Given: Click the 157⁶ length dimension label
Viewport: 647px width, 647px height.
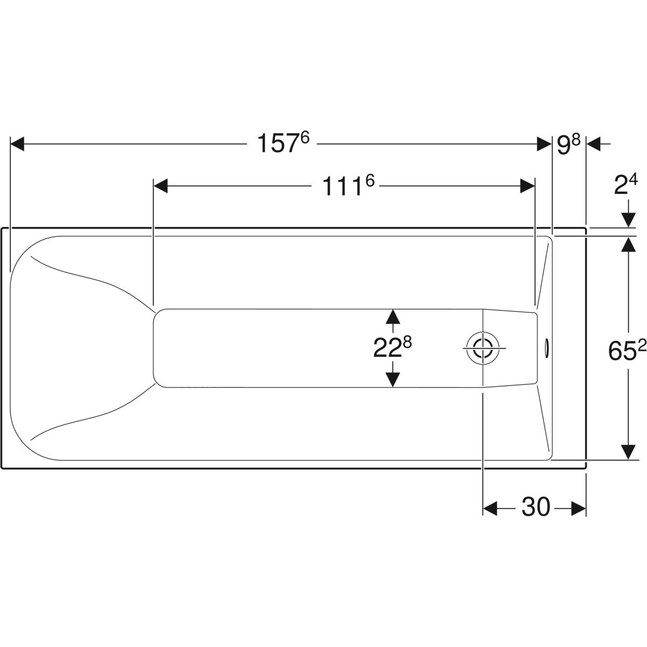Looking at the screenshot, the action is (x=283, y=143).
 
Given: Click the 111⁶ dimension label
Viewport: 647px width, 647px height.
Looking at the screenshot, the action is (x=348, y=185).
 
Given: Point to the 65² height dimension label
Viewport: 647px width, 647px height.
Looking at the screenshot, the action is (x=627, y=351).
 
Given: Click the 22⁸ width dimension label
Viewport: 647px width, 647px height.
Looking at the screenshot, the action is (x=393, y=348).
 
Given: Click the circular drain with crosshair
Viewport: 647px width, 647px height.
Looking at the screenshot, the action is (x=483, y=348).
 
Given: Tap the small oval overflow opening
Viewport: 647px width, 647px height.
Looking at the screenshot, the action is (x=546, y=348).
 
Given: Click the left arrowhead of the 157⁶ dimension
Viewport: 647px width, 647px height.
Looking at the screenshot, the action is (x=17, y=144).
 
